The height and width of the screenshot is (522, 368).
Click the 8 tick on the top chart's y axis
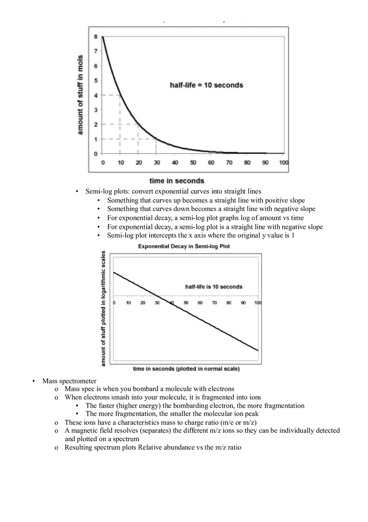click(x=96, y=37)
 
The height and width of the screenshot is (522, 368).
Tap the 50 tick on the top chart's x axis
click(x=193, y=162)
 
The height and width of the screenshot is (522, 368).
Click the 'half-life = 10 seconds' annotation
click(x=206, y=85)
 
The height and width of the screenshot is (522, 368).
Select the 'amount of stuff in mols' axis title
click(x=80, y=95)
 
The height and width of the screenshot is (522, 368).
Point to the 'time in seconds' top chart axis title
click(x=176, y=181)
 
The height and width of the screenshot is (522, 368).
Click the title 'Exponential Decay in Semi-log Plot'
click(x=184, y=246)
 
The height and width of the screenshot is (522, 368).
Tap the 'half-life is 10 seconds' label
click(x=213, y=287)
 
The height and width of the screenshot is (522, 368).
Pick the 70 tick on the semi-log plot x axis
click(x=214, y=303)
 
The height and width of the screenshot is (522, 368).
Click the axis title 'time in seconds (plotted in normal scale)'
click(x=186, y=369)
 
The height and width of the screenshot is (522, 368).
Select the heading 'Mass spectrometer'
click(x=69, y=381)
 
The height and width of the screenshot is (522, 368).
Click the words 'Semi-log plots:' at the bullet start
click(x=107, y=191)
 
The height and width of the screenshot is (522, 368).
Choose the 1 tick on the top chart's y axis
click(x=96, y=139)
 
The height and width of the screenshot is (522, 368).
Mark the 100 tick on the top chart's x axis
click(x=284, y=162)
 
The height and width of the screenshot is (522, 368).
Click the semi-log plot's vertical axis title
click(x=103, y=309)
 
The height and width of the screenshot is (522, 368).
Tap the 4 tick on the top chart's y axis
click(x=96, y=95)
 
